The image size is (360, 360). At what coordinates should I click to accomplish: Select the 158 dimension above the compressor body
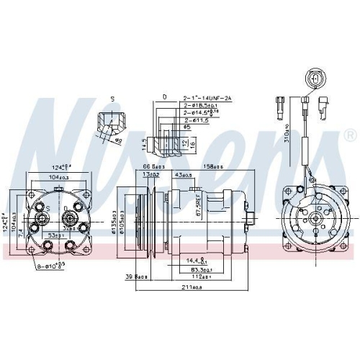point(213,167)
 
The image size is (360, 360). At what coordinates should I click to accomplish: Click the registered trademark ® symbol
point(350,135)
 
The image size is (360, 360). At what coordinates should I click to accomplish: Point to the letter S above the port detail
point(112,99)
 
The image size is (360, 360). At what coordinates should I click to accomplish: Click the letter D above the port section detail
point(165,96)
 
